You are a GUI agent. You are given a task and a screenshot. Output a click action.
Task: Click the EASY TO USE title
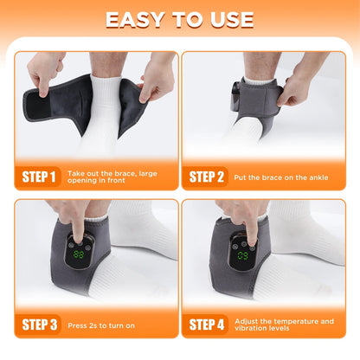pyautogui.click(x=180, y=19)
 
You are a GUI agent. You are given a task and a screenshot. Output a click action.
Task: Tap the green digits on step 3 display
pyautogui.click(x=79, y=255)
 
